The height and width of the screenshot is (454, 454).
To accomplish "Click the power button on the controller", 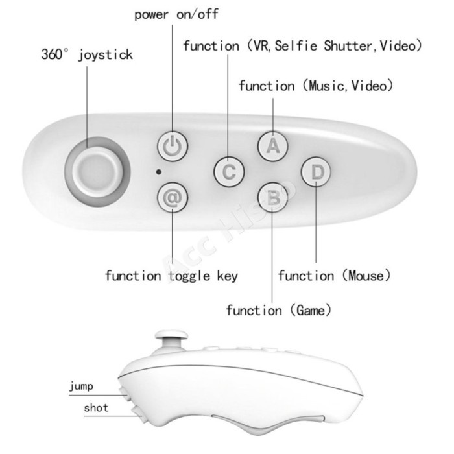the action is pyautogui.click(x=173, y=146).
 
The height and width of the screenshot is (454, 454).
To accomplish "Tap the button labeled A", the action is pyautogui.click(x=273, y=146).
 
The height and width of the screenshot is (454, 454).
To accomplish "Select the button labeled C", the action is pyautogui.click(x=229, y=172).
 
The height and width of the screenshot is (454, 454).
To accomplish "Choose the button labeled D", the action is pyautogui.click(x=317, y=172).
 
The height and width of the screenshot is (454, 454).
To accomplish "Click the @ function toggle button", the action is pyautogui.click(x=173, y=197).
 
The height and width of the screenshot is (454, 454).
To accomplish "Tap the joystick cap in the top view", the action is pyautogui.click(x=97, y=172).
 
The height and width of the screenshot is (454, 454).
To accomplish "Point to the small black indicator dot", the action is pyautogui.click(x=158, y=172).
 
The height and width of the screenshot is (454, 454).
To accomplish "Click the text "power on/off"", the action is pyautogui.click(x=176, y=14).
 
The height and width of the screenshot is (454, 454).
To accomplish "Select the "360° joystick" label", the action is pyautogui.click(x=87, y=54).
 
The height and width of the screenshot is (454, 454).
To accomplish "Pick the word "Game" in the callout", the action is pyautogui.click(x=311, y=311).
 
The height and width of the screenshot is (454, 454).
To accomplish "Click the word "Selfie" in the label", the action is pyautogui.click(x=296, y=46).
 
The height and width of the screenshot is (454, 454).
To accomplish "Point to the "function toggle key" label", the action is pyautogui.click(x=171, y=276).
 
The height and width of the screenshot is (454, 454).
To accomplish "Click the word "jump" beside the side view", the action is pyautogui.click(x=81, y=387).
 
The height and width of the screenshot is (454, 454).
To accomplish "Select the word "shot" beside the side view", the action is pyautogui.click(x=96, y=408).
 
